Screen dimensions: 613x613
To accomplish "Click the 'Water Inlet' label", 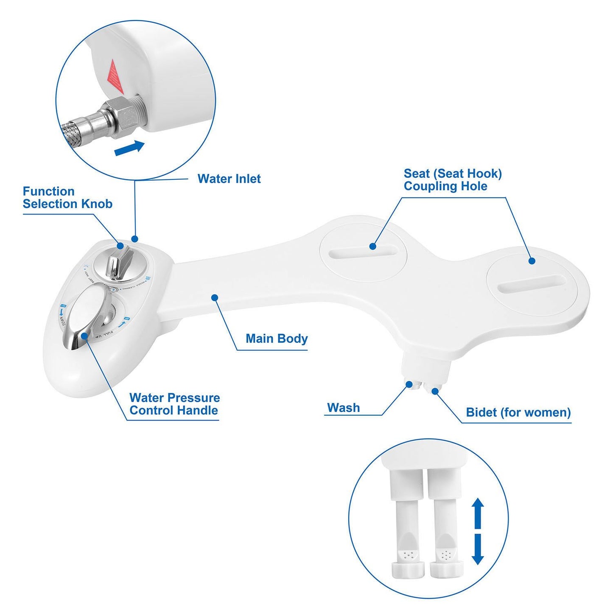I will (229, 179).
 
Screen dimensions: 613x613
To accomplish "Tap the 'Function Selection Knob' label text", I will (67, 198).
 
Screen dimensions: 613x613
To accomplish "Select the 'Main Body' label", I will (277, 339).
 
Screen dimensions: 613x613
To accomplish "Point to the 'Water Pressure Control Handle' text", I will (174, 404).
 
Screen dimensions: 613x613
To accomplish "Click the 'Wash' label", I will (344, 408).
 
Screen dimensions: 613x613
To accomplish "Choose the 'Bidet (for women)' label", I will (518, 412).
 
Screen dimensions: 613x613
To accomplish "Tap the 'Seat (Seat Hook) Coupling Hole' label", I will (452, 180).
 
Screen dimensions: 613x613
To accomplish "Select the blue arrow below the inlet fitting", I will (129, 148).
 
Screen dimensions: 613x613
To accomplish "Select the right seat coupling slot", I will (532, 283).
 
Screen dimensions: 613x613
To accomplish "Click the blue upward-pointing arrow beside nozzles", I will (478, 512).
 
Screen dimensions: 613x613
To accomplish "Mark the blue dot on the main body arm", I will (215, 297).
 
